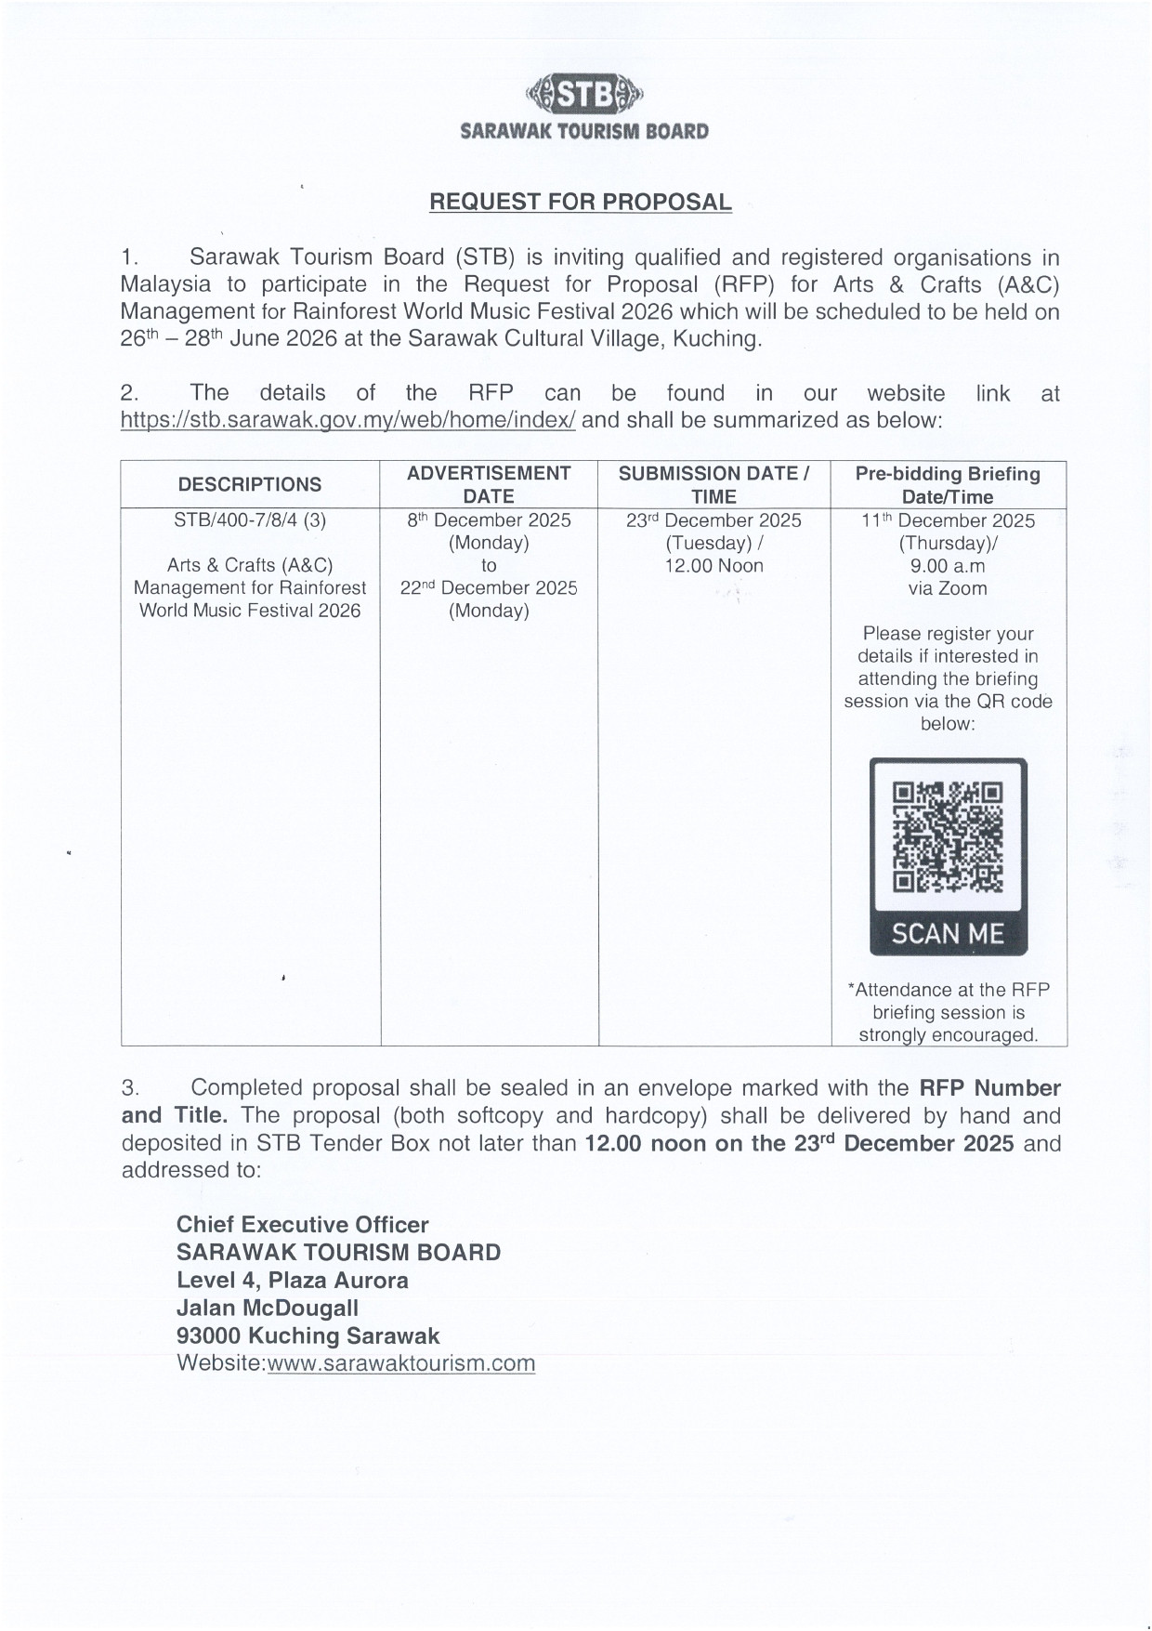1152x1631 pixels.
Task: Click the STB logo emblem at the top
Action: tap(584, 93)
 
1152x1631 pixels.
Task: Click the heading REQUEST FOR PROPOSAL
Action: tap(580, 202)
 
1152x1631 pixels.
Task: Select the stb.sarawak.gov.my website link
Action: tap(347, 420)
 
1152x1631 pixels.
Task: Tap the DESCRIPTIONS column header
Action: tap(250, 484)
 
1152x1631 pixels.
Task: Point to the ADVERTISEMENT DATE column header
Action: tap(489, 484)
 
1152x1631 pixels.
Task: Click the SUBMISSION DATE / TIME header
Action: tap(713, 484)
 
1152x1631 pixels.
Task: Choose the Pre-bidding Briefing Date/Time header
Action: tap(948, 484)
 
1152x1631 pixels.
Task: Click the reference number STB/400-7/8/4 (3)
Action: tap(250, 520)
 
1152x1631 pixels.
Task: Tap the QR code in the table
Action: tap(948, 837)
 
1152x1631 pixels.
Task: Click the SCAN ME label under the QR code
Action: tap(948, 933)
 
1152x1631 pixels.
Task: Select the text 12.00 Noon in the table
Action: tap(713, 566)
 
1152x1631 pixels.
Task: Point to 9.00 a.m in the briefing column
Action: tap(948, 566)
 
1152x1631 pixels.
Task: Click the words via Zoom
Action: tap(948, 588)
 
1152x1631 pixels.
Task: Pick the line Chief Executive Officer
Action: tap(302, 1225)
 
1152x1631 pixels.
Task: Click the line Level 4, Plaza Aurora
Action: tap(292, 1281)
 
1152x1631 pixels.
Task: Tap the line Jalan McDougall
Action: tap(267, 1309)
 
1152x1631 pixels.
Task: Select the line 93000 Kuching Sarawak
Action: tap(308, 1336)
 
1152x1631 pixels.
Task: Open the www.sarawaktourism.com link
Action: tap(400, 1363)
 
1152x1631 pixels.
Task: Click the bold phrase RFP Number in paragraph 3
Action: tap(989, 1088)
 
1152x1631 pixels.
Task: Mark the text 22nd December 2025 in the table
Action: tap(489, 588)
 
